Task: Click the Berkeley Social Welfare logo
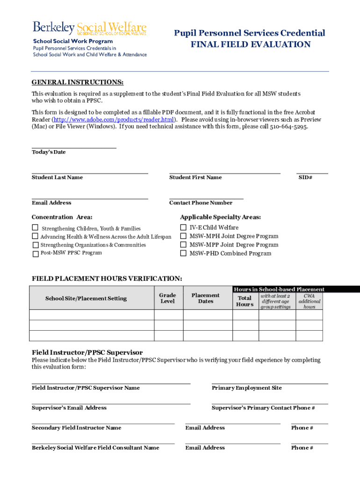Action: click(89, 28)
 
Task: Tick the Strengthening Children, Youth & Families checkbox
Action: click(35, 228)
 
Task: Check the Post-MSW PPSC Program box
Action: click(36, 254)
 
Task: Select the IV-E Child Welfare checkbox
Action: click(183, 227)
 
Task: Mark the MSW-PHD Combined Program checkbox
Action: click(183, 253)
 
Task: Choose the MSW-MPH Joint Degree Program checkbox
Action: click(183, 236)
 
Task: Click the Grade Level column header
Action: click(167, 298)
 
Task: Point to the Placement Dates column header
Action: click(205, 298)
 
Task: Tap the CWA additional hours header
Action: click(309, 301)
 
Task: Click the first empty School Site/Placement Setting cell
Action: click(92, 314)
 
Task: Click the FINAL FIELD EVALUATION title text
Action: click(250, 44)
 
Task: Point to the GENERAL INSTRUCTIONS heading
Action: click(78, 82)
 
